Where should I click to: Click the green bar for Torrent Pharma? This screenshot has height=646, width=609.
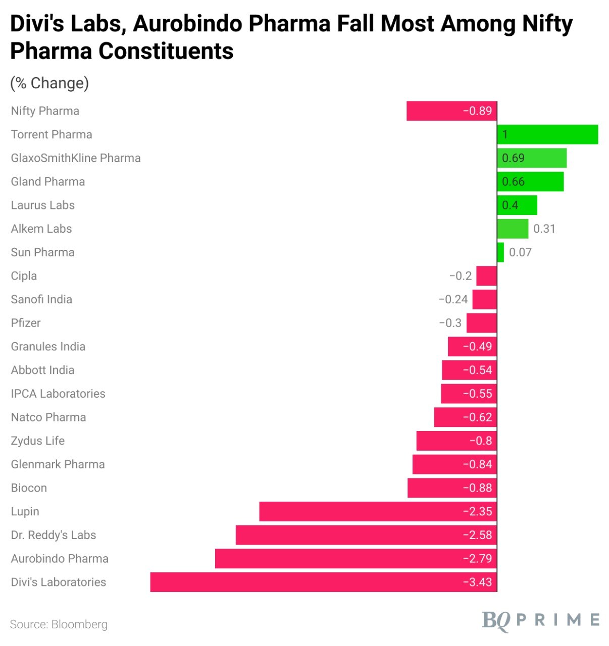(x=547, y=135)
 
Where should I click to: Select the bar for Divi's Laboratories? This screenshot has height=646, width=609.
(x=323, y=582)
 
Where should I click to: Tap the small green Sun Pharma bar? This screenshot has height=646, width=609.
(x=500, y=252)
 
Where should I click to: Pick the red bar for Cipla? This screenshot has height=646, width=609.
(x=486, y=276)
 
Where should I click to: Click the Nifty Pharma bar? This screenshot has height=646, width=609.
(x=451, y=111)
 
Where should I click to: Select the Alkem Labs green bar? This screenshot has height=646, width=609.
(x=513, y=229)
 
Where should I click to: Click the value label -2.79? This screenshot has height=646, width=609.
(x=477, y=559)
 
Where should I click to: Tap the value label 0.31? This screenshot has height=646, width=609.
(x=544, y=229)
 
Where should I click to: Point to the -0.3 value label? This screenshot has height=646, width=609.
(x=450, y=323)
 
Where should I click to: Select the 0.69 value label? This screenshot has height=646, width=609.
(x=513, y=158)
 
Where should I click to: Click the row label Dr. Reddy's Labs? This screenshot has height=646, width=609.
(x=54, y=535)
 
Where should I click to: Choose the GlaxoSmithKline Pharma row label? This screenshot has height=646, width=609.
(x=76, y=158)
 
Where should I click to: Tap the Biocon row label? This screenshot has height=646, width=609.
(x=29, y=488)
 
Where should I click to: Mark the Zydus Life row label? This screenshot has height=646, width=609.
(x=38, y=441)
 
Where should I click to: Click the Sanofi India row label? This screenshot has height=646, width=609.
(x=41, y=299)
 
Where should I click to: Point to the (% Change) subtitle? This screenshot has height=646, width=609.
(x=49, y=83)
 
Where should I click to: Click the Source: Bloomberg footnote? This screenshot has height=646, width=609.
(x=59, y=624)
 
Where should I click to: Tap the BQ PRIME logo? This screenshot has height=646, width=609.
(x=541, y=620)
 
